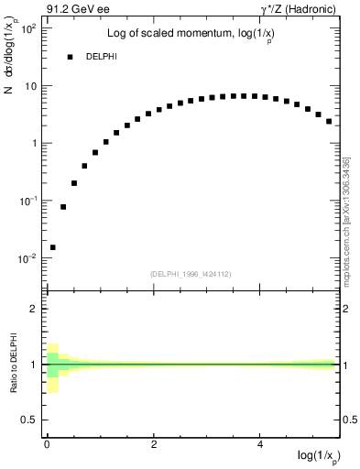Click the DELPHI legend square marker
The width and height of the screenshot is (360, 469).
[x=70, y=57]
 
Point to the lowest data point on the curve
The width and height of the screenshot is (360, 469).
[x=52, y=247]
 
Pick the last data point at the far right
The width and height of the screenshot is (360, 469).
[x=329, y=121]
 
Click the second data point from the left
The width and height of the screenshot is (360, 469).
[x=63, y=207]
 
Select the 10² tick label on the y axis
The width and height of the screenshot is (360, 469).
[x=27, y=28]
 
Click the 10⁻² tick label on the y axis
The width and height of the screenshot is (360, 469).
[x=27, y=258]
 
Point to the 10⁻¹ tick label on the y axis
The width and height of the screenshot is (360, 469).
[x=27, y=201]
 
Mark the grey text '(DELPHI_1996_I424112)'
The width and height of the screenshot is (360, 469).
[x=190, y=273]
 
